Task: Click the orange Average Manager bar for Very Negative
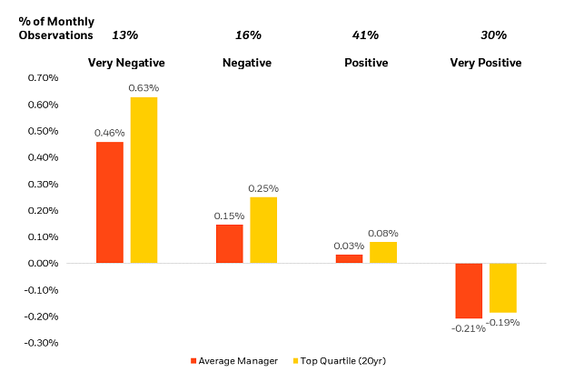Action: (110, 202)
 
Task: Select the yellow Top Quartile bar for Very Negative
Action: (143, 180)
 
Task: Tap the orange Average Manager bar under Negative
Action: (230, 243)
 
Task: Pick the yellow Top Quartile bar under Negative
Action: (263, 230)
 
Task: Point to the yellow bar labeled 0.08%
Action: (383, 252)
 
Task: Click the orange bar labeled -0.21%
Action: (470, 290)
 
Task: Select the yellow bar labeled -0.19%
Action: (503, 287)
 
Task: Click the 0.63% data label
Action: (143, 88)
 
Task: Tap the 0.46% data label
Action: (110, 133)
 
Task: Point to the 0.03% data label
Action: (349, 246)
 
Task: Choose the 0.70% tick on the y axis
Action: (43, 78)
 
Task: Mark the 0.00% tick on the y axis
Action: (43, 264)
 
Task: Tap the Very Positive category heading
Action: (486, 63)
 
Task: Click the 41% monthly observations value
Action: (365, 35)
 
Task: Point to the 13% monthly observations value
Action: (124, 35)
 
